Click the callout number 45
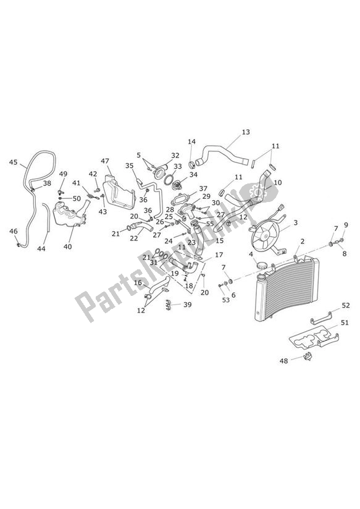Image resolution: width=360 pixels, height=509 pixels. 14,162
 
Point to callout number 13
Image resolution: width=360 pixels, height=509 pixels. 246,132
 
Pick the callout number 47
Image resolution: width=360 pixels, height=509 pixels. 105,161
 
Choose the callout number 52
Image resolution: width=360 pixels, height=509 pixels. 346,306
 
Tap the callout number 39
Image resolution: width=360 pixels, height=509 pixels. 187,305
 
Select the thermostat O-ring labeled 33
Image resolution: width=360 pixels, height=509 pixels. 169,179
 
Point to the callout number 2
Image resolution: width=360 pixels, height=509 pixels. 303,242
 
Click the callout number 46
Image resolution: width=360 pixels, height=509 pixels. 14,232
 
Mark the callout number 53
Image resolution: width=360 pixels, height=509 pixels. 226,300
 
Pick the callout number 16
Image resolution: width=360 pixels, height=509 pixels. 138,283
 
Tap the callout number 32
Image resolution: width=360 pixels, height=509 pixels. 175,156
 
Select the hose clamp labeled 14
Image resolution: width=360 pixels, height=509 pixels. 192,162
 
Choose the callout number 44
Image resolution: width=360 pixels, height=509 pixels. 41,249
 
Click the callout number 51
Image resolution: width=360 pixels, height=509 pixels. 345,322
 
